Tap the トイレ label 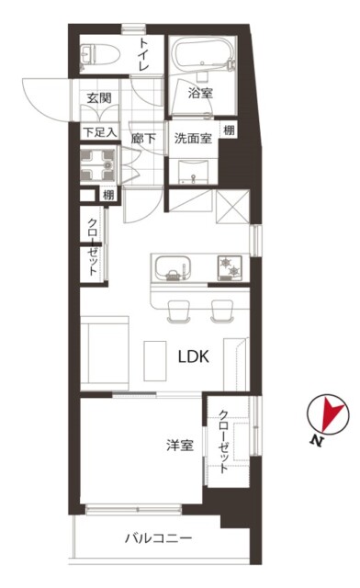(144, 53)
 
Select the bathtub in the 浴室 (202, 54)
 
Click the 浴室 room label (200, 93)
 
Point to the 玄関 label (99, 98)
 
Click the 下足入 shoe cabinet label (100, 132)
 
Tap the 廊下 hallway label (143, 139)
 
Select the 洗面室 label (193, 139)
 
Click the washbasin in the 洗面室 (194, 172)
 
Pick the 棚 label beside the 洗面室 (229, 130)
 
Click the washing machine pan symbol (98, 164)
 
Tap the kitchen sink (173, 267)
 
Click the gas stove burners (230, 267)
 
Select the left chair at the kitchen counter (177, 311)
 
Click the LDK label (193, 356)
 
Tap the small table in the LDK (155, 361)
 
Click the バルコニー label (158, 539)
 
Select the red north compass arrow (332, 414)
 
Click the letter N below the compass (317, 441)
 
